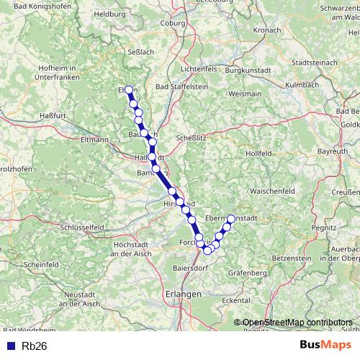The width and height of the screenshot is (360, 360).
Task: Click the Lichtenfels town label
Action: coord(190,68)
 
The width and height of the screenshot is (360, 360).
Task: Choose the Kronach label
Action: coord(266,31)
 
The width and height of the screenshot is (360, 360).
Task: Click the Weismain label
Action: coord(244,94)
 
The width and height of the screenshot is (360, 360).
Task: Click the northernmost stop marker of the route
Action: coord(129,90)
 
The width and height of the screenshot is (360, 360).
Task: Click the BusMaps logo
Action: coord(324,345)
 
